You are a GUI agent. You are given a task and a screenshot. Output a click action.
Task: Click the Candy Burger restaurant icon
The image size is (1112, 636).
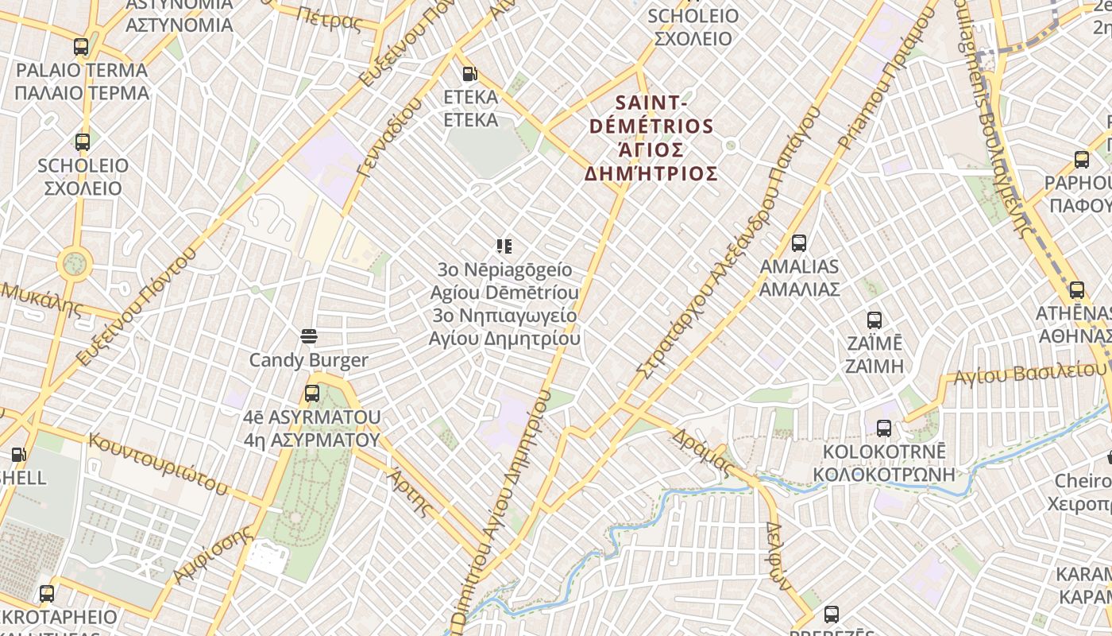click(309, 336)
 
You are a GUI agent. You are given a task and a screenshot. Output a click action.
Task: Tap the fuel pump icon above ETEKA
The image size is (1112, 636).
click(470, 74)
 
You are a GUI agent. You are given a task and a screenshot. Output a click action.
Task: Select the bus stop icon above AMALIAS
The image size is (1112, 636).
click(799, 243)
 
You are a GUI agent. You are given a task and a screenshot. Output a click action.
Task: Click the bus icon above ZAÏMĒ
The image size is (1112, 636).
click(875, 320)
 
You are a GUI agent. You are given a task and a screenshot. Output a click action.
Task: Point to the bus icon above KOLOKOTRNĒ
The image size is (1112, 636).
click(884, 429)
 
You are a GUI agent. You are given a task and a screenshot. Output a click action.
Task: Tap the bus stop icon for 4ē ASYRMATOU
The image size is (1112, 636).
click(312, 393)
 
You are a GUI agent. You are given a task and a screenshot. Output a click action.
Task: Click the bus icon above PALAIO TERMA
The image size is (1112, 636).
click(81, 47)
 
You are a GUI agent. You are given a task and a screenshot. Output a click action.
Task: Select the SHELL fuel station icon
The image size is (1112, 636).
click(18, 455)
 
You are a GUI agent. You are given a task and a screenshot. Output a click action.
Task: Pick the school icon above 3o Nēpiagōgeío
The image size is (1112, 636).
click(504, 246)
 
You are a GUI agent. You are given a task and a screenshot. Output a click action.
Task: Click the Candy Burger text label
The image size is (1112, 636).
click(309, 360)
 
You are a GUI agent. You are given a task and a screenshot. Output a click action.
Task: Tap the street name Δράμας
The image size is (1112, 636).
click(701, 453)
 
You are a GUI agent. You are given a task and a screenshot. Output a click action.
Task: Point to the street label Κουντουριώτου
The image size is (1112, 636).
click(159, 463)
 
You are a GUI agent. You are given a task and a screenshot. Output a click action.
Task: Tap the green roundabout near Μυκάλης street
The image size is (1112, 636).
click(75, 262)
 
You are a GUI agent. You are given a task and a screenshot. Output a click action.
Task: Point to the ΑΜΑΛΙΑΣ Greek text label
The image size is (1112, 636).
click(799, 289)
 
